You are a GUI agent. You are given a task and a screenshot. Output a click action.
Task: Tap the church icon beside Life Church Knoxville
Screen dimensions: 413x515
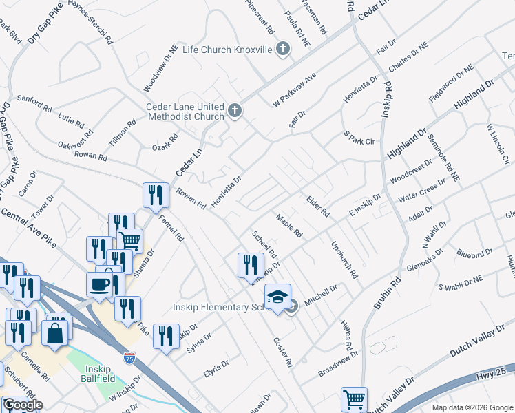point(282,49)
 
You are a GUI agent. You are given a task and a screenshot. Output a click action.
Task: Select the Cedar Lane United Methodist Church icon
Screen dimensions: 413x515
point(235,111)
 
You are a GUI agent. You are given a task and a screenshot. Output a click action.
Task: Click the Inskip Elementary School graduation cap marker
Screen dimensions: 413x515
point(277,297)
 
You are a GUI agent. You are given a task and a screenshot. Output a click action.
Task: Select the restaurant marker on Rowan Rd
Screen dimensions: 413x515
point(156,195)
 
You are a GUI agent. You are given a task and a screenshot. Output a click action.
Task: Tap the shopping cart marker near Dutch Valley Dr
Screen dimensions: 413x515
point(354,399)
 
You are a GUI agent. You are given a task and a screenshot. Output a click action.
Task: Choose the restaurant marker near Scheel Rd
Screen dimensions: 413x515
point(251,266)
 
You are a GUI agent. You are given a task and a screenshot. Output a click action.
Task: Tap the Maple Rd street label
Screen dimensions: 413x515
point(289,225)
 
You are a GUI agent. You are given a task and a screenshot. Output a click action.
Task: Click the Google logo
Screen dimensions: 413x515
point(23,405)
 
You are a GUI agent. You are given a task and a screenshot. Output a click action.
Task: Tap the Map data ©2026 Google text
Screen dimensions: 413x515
point(472,407)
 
